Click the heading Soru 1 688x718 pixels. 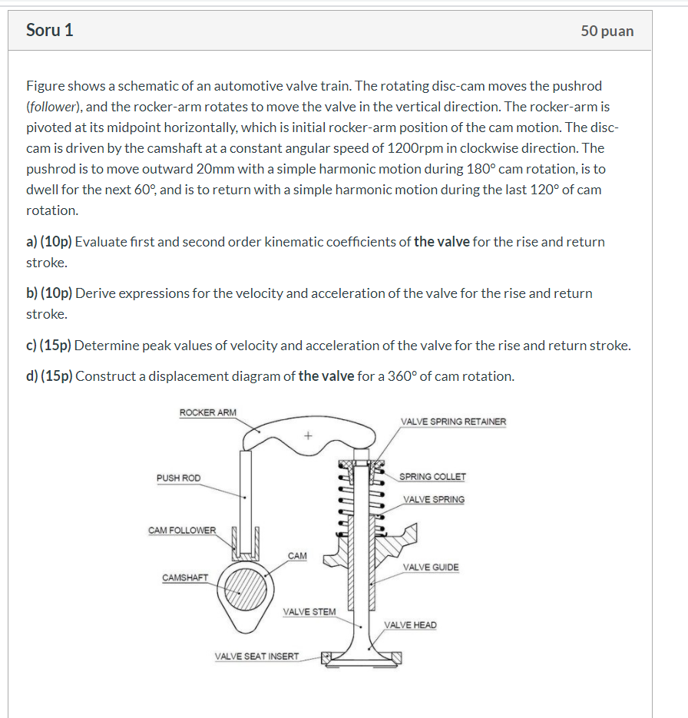pyautogui.click(x=50, y=30)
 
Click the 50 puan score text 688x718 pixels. pyautogui.click(x=607, y=31)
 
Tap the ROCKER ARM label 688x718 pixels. pyautogui.click(x=208, y=412)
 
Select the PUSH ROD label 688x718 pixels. pyautogui.click(x=178, y=478)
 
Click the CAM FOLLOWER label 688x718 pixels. pyautogui.click(x=182, y=530)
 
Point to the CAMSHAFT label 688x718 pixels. pyautogui.click(x=185, y=577)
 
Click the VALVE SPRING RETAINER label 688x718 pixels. pyautogui.click(x=453, y=422)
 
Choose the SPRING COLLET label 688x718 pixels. pyautogui.click(x=432, y=477)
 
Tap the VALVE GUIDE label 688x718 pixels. pyautogui.click(x=431, y=567)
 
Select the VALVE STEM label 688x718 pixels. pyautogui.click(x=309, y=611)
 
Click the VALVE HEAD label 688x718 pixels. pyautogui.click(x=411, y=625)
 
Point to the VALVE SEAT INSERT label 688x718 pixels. pyautogui.click(x=256, y=657)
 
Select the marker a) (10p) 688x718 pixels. pyautogui.click(x=49, y=242)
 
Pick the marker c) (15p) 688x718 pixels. pyautogui.click(x=49, y=346)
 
